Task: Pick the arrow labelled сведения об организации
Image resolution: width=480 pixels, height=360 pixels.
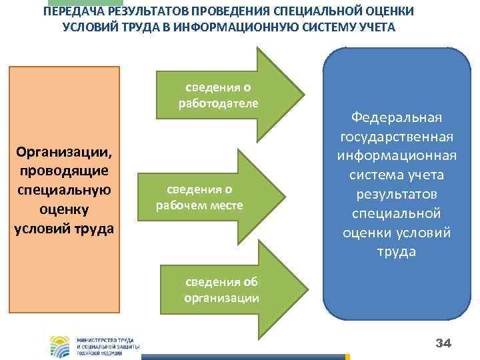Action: (227, 290)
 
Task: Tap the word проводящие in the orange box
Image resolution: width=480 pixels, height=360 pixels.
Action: (64, 171)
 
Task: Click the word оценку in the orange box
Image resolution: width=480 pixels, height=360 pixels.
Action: (64, 209)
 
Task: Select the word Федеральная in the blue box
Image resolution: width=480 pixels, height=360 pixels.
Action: (397, 117)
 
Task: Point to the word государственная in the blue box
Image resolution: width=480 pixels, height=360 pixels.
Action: (397, 137)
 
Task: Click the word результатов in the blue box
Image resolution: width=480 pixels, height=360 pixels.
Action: (397, 194)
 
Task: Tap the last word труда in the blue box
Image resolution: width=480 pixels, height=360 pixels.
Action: (397, 251)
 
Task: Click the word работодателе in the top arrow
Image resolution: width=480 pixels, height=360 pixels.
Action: (218, 103)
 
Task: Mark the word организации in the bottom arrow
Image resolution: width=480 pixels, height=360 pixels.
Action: (221, 297)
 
